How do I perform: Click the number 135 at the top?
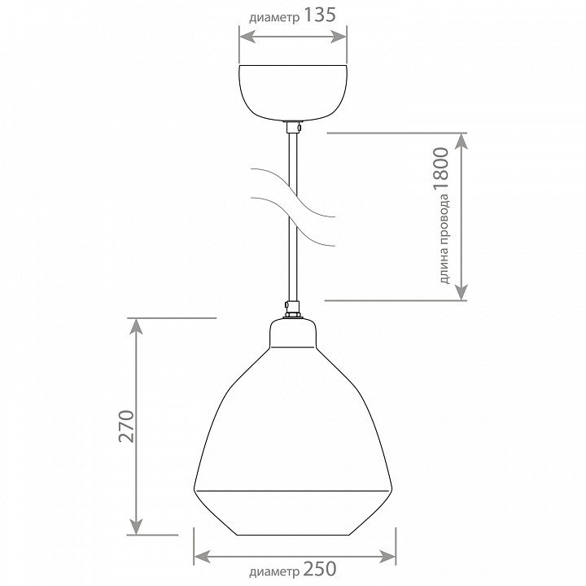point(320,15)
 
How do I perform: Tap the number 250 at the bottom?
point(320,569)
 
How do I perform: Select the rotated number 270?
point(126,426)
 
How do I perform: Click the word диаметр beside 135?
point(274,18)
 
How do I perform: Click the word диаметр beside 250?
point(274,571)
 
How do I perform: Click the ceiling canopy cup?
point(293,93)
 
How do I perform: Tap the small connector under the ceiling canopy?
point(293,128)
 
